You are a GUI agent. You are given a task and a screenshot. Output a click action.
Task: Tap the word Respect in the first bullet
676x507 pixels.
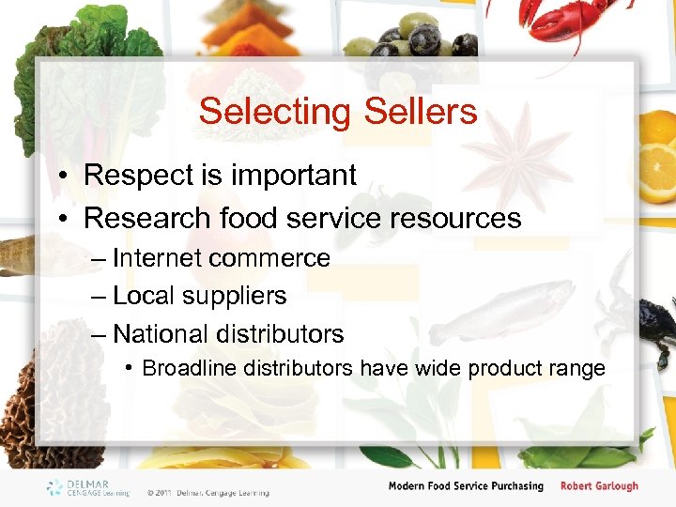tap(136, 176)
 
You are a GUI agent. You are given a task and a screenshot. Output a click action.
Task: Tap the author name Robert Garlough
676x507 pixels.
tap(599, 486)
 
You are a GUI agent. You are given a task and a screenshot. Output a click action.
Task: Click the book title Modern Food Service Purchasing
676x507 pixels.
tap(466, 486)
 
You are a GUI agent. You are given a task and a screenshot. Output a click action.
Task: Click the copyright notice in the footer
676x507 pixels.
tap(207, 493)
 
